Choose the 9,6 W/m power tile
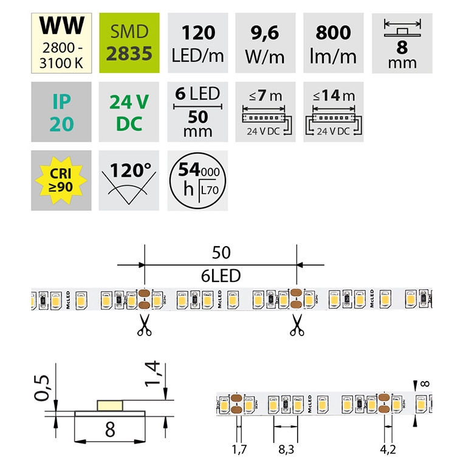[264, 41]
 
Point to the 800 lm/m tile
[333, 41]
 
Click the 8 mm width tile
[401, 41]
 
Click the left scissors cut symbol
[144, 325]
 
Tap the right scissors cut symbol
[297, 325]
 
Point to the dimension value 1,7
[239, 450]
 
